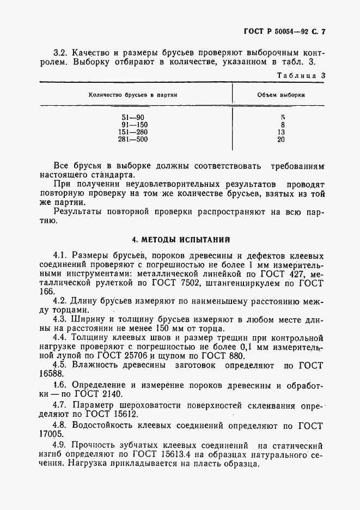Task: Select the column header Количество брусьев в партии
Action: tap(133, 95)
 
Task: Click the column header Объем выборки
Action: tap(281, 95)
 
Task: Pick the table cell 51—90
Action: tap(133, 117)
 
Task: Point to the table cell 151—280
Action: tap(133, 132)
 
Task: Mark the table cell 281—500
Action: tap(133, 139)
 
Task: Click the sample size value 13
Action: tap(281, 132)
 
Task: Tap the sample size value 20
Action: tap(281, 139)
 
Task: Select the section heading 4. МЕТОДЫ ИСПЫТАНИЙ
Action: tap(181, 239)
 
